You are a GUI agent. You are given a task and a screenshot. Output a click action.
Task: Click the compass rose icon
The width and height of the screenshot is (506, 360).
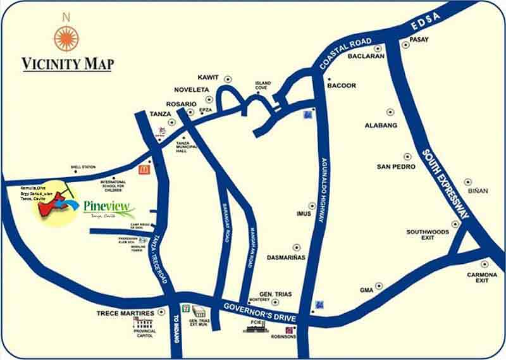pyautogui.click(x=66, y=38)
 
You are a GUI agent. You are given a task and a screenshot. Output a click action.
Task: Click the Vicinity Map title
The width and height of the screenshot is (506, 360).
pyautogui.click(x=67, y=64)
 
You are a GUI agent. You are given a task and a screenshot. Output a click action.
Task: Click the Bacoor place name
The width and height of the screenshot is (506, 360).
pyautogui.click(x=342, y=85)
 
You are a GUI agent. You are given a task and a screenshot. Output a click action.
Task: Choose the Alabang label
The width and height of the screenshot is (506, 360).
pyautogui.click(x=381, y=125)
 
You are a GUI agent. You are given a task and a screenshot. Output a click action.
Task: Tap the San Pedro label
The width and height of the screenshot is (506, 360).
pyautogui.click(x=396, y=166)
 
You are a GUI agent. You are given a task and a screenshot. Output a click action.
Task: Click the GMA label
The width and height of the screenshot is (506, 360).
pyautogui.click(x=366, y=290)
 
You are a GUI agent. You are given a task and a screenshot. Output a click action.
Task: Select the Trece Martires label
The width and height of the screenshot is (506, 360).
pyautogui.click(x=125, y=313)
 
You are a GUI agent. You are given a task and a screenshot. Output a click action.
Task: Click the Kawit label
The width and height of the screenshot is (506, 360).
pyautogui.click(x=208, y=78)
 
